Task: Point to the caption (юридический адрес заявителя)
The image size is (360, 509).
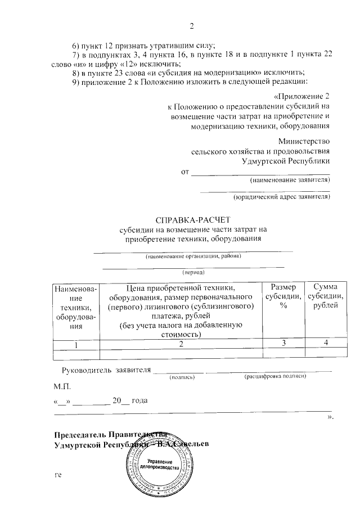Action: click(x=281, y=197)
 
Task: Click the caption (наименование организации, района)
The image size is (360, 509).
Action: click(x=193, y=256)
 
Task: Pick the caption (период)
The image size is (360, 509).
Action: click(x=192, y=272)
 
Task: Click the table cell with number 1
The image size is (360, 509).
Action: click(x=75, y=344)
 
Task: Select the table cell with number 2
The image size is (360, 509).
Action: click(x=181, y=344)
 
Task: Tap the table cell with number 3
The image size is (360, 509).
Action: click(x=284, y=344)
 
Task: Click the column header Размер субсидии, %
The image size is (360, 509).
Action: click(x=284, y=296)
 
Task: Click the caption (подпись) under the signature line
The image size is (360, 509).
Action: click(x=182, y=377)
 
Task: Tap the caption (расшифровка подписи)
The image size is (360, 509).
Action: click(x=275, y=377)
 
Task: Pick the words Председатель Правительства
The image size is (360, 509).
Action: click(x=110, y=434)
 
